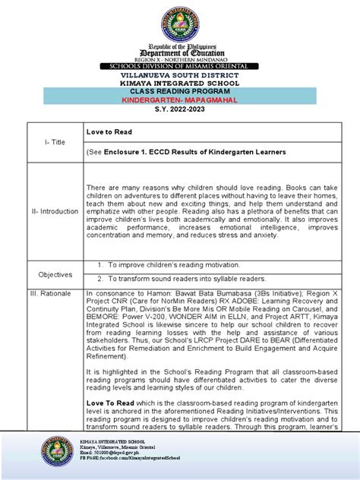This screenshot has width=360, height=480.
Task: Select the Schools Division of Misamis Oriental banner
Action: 181,67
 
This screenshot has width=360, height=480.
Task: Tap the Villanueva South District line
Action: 181,76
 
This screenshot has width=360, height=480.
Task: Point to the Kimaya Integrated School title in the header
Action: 181,84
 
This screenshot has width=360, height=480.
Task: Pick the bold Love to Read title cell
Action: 107,132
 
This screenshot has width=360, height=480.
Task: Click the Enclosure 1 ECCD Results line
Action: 185,152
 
